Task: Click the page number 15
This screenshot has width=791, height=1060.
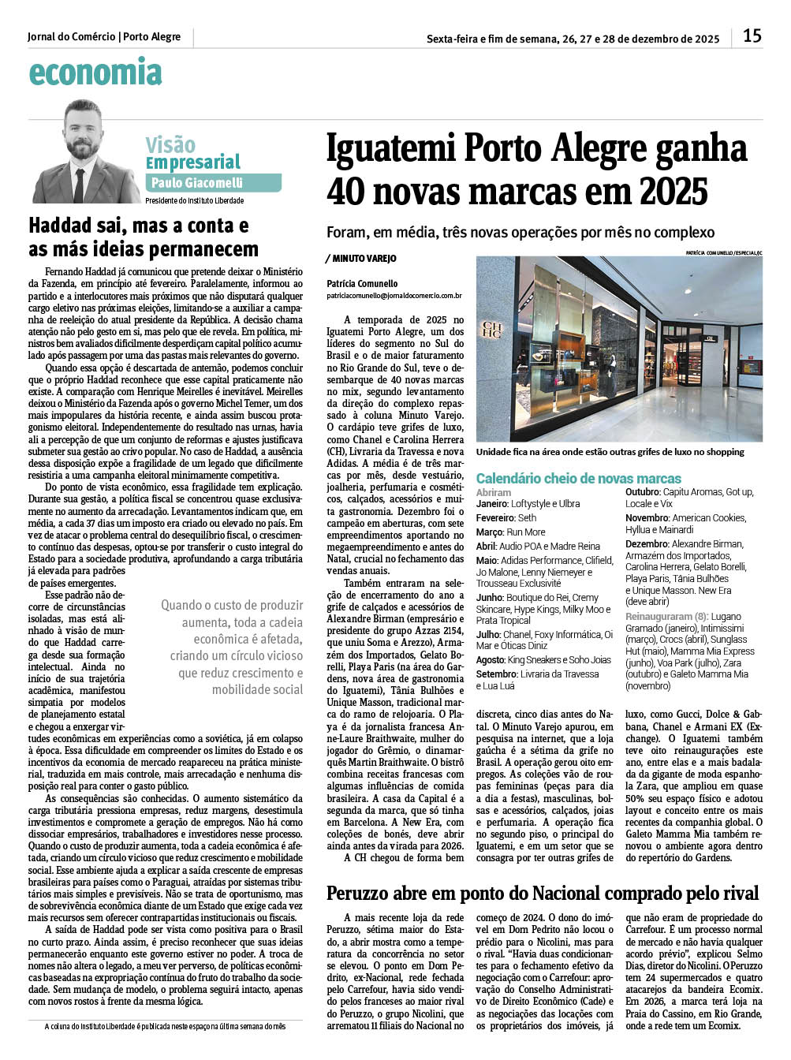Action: coord(752,36)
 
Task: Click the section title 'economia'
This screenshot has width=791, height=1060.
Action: coord(95,73)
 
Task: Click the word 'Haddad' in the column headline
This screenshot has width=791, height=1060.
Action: coord(59,226)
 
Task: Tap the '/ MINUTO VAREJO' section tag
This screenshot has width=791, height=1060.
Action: coord(361,259)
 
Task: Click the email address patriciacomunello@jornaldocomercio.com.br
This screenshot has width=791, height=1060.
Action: coord(394,296)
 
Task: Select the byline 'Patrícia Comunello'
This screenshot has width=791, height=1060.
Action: coord(362,284)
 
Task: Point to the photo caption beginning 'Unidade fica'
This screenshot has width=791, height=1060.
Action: coord(610,452)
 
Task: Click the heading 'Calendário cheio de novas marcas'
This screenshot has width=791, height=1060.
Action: coord(578,479)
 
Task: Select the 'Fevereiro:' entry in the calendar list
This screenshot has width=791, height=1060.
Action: coord(495,518)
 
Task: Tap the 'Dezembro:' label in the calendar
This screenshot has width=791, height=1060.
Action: coord(647,544)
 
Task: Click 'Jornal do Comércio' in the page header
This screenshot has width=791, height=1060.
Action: coord(71,37)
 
